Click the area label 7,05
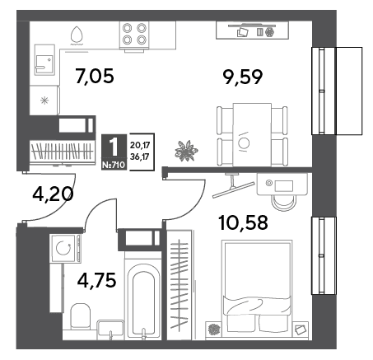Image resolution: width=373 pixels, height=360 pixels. (x=95, y=77)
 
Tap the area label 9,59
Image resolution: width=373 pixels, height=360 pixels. (x=243, y=77)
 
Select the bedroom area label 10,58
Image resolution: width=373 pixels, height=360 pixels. (x=243, y=222)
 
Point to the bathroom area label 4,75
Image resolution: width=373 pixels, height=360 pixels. (x=96, y=280)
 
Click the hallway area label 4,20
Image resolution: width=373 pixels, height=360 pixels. (x=53, y=194)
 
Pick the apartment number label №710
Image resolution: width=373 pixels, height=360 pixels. (x=114, y=165)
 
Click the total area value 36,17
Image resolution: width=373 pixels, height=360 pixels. (x=140, y=157)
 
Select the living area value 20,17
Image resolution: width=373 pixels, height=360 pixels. (x=140, y=144)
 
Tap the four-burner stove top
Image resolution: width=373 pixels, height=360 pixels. (x=134, y=34)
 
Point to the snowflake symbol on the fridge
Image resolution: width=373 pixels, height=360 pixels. (x=44, y=101)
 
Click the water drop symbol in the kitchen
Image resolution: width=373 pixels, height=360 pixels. (x=77, y=35)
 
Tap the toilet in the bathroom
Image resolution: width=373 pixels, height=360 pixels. (x=80, y=316)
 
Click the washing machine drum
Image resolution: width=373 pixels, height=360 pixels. (x=63, y=248)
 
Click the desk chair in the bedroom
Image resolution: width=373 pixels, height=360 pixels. (x=284, y=203)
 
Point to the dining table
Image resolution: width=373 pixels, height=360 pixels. (x=252, y=134)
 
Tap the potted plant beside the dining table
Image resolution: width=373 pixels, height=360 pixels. (x=186, y=151)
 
